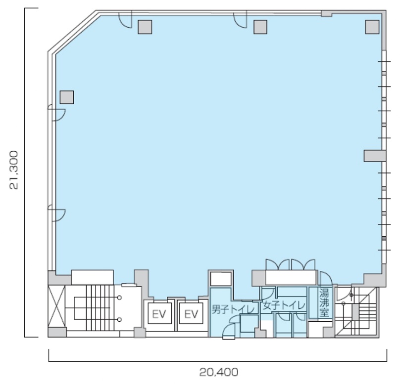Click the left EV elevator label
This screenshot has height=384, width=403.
click(x=159, y=314)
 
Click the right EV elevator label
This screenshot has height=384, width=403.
click(x=191, y=314)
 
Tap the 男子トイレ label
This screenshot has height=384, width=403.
click(x=233, y=309)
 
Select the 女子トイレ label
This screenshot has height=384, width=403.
click(x=284, y=305)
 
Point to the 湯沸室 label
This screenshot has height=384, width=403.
click(x=324, y=302)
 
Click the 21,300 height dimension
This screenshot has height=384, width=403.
click(x=14, y=170)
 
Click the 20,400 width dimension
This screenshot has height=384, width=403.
click(x=219, y=372)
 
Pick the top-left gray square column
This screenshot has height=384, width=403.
click(x=145, y=27)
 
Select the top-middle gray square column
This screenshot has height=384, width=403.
click(x=260, y=27)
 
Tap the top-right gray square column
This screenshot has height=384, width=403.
click(x=372, y=27)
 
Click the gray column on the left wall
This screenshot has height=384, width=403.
click(x=67, y=97)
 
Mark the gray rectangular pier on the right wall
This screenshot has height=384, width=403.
click(x=375, y=156)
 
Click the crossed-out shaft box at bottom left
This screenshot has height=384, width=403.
click(x=56, y=306)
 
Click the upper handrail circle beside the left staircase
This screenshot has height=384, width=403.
click(x=119, y=298)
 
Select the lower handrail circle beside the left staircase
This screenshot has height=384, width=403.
click(x=119, y=320)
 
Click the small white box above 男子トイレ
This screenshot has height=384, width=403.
click(x=221, y=279)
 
